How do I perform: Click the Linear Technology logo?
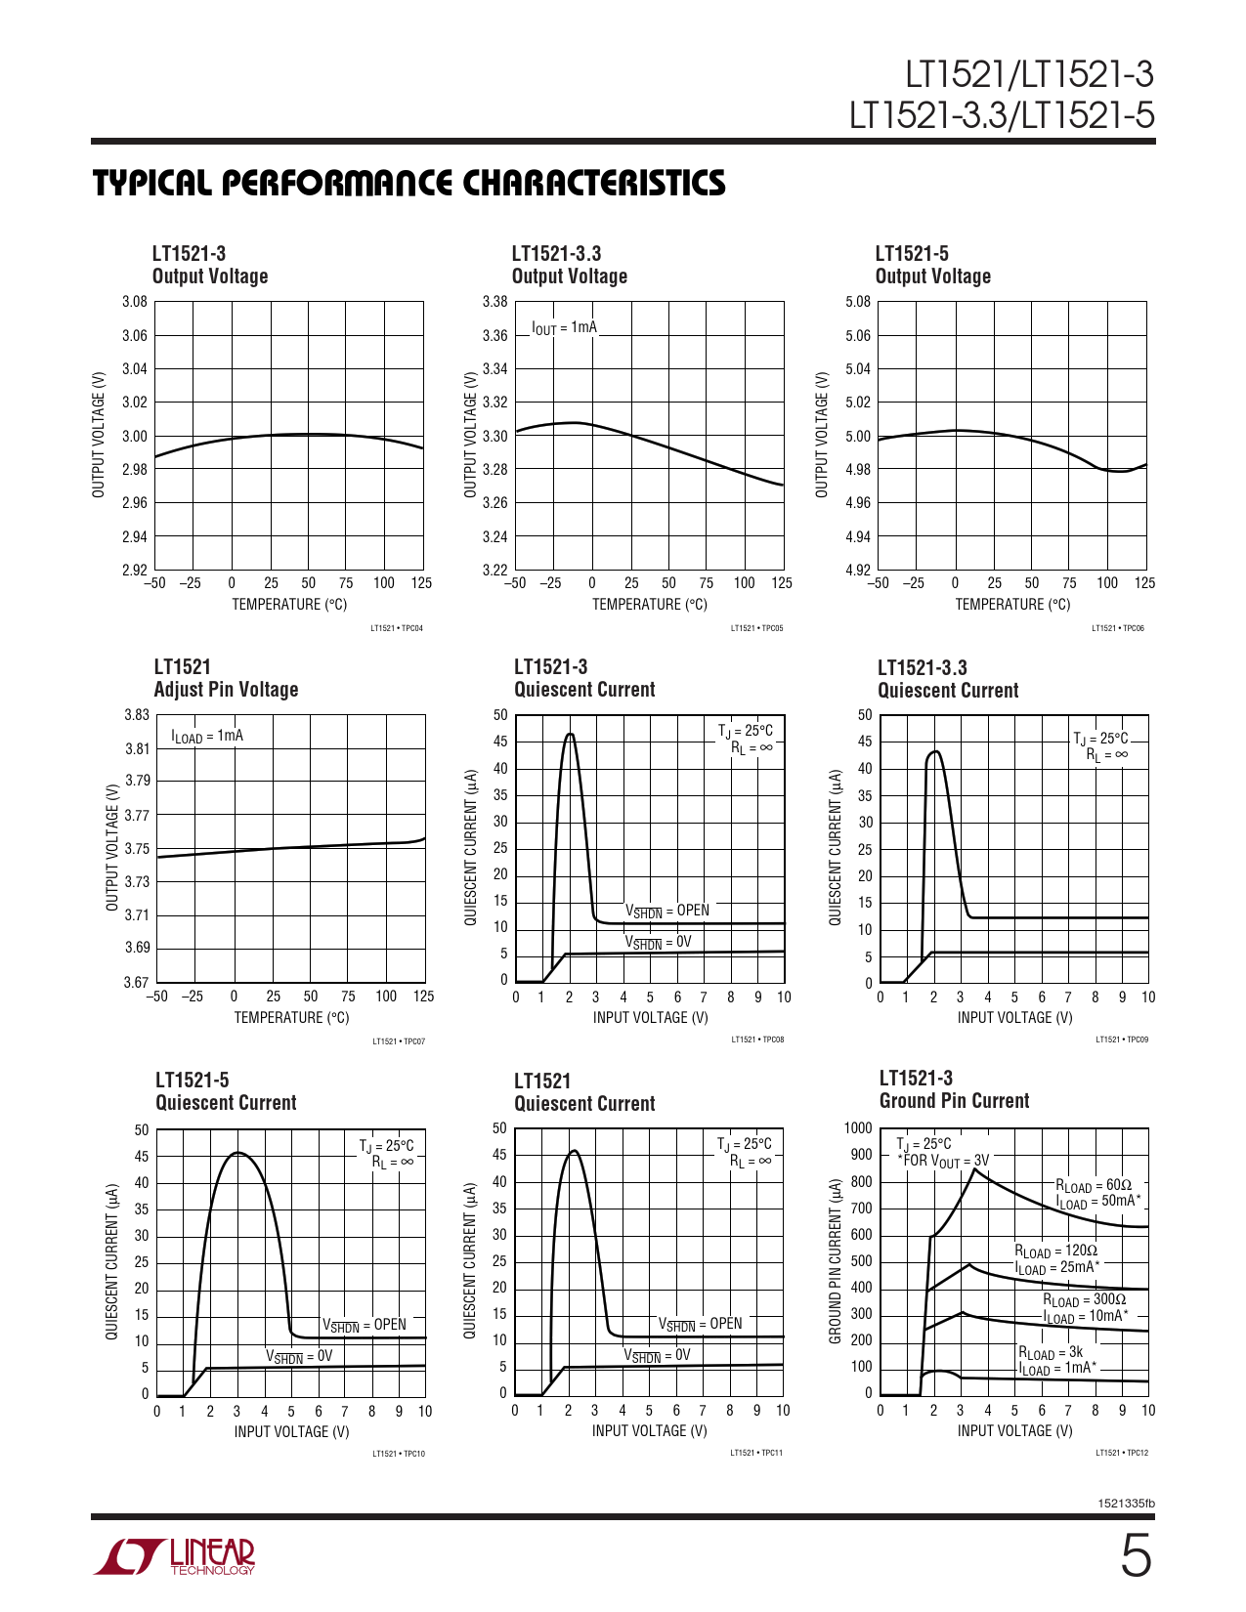pos(175,1556)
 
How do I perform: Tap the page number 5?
pos(1135,1556)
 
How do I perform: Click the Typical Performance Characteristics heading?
pos(408,183)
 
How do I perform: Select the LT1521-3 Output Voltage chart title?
pos(209,265)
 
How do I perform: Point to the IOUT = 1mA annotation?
pos(564,327)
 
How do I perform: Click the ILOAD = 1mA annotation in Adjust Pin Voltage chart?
pos(207,736)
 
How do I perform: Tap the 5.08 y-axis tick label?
pos(857,302)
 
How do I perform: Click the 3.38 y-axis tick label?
pos(494,302)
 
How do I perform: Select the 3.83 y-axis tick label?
pos(136,715)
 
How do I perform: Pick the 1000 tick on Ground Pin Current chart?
pos(857,1128)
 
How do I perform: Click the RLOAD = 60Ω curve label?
pos(1093,1185)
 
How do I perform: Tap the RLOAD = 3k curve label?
pos(1051,1353)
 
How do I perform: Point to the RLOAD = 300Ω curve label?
pos(1084,1300)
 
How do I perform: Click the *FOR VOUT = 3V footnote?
pos(943,1161)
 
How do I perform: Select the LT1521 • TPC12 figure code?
pos(1121,1453)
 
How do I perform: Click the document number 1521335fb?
pos(1126,1504)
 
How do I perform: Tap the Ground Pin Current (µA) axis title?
pos(836,1260)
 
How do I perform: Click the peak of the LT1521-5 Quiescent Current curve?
pos(237,1153)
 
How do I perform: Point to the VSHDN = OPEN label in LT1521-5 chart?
pos(364,1325)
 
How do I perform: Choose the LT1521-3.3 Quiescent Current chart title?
pos(947,679)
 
